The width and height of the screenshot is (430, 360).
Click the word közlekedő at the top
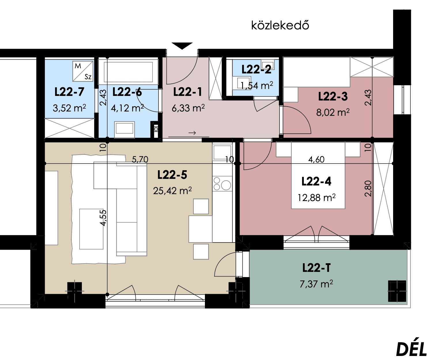(x=280, y=26)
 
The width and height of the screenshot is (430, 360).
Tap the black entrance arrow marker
(x=182, y=46)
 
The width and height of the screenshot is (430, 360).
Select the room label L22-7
(x=69, y=92)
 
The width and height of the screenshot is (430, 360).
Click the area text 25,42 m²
(x=172, y=191)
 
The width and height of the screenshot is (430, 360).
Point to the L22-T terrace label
(x=316, y=268)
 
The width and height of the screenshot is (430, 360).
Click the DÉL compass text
(x=412, y=350)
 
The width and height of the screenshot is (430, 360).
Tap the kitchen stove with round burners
(x=222, y=184)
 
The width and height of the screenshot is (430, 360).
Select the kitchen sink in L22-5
(x=222, y=153)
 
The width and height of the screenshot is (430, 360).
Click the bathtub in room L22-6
(x=128, y=72)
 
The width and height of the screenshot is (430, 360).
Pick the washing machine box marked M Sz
(x=83, y=71)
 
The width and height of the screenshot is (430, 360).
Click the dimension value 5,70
(x=140, y=160)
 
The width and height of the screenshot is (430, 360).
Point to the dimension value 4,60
(x=316, y=160)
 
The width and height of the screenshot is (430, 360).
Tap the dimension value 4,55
(x=103, y=218)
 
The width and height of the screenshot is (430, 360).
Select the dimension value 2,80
(x=368, y=189)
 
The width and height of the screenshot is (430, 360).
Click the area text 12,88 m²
(x=316, y=198)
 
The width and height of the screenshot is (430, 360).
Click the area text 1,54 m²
(x=257, y=86)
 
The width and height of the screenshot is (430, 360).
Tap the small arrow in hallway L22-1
(x=192, y=133)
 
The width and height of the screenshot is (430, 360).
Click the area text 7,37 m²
(x=316, y=284)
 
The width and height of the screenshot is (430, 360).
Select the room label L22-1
(x=188, y=92)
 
